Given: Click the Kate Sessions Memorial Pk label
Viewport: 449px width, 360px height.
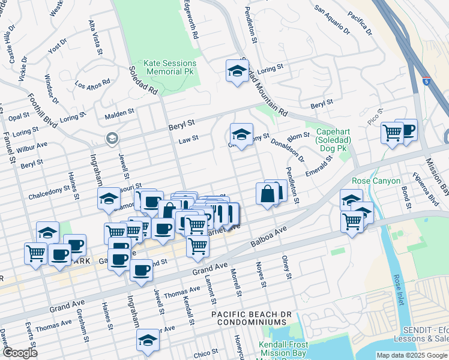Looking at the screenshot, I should (170, 67).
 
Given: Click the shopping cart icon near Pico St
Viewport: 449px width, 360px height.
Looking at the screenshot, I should (392, 132).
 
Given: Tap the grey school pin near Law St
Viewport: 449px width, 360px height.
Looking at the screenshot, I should (112, 139).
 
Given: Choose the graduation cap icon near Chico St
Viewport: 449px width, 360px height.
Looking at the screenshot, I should (148, 340).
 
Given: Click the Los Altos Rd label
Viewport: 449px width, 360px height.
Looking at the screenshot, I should (92, 83).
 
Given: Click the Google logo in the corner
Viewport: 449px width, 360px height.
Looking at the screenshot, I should (20, 353).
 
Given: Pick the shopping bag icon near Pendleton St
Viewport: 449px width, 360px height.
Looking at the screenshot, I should (267, 194).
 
